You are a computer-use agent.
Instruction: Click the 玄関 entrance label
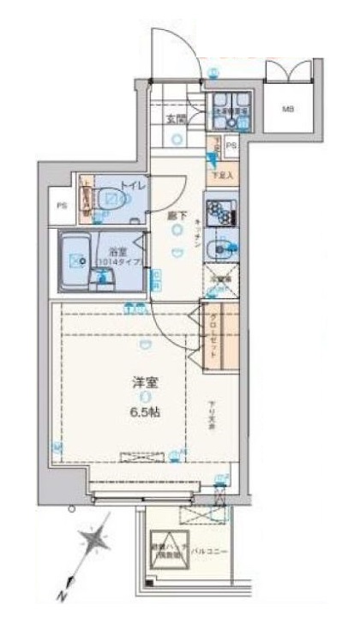tap(177, 119)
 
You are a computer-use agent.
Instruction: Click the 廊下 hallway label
tap(176, 216)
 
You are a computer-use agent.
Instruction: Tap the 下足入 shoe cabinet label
tap(222, 174)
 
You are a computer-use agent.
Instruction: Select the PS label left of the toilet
tap(62, 207)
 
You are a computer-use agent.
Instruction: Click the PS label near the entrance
tap(231, 147)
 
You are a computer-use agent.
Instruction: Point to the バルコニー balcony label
tap(208, 551)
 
